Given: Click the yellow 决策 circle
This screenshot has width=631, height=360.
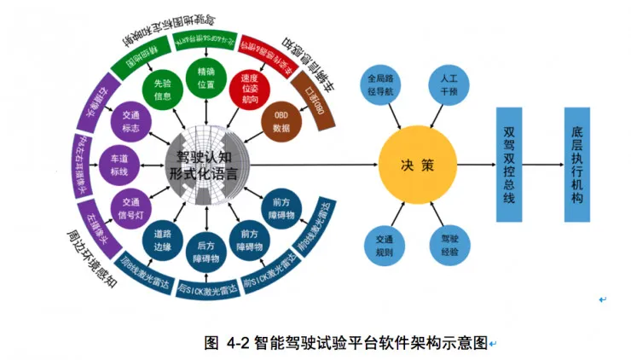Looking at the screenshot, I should [417, 163].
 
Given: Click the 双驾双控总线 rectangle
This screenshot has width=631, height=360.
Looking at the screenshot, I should [510, 164].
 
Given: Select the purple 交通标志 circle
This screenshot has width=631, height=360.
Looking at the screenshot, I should [130, 122].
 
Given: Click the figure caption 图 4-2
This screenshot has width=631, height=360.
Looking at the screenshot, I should [346, 343].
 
